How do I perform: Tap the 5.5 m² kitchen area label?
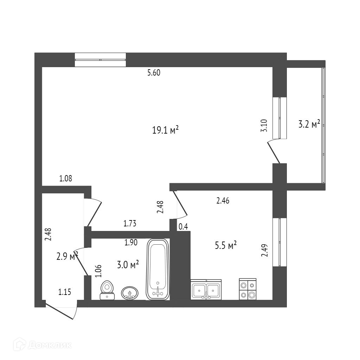click(x=225, y=245)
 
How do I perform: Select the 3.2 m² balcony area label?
click(x=309, y=124)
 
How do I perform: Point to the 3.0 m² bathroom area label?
click(x=128, y=264)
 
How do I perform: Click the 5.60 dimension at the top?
click(x=154, y=73)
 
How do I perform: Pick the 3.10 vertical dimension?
click(x=264, y=126)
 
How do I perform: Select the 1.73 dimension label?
click(x=130, y=223)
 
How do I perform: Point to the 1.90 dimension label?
click(x=131, y=242)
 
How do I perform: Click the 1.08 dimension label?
click(x=66, y=179)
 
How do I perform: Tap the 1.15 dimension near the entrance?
click(x=64, y=291)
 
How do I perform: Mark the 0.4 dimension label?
click(x=183, y=227)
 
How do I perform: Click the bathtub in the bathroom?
click(x=158, y=269)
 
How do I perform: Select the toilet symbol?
click(x=107, y=290)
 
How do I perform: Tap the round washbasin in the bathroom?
click(x=130, y=292)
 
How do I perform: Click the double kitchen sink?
click(x=206, y=290)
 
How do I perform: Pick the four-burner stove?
click(x=247, y=289)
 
